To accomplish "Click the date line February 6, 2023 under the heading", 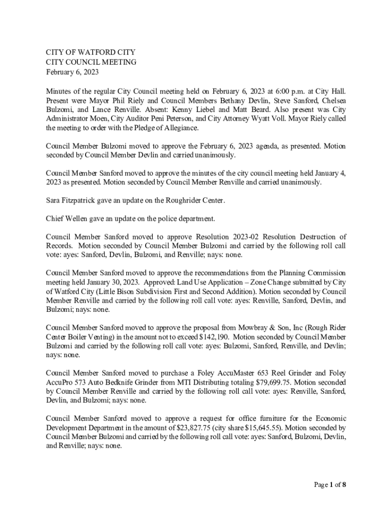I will pyautogui.click(x=72, y=72).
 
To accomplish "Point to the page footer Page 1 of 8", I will pyautogui.click(x=329, y=484).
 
